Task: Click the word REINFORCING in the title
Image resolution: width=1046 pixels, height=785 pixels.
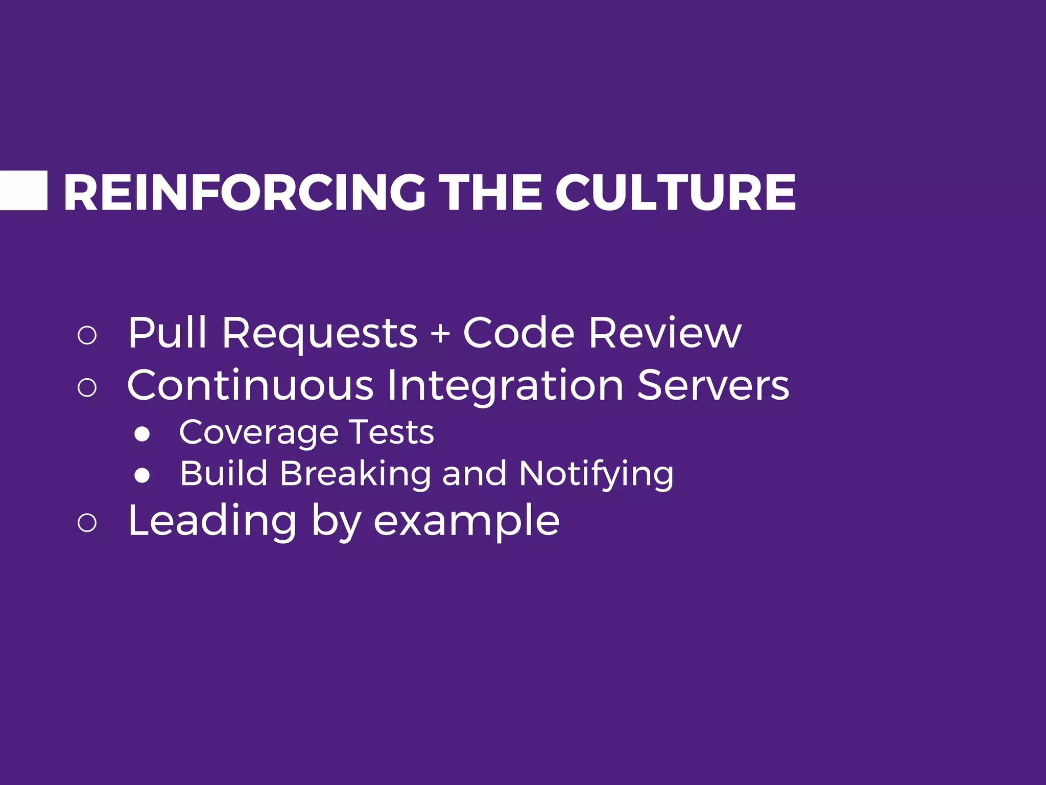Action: (244, 192)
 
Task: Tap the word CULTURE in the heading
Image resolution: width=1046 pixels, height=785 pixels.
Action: (675, 192)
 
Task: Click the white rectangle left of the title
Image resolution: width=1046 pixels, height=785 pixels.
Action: (23, 191)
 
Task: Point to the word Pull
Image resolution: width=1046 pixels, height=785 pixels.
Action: (167, 333)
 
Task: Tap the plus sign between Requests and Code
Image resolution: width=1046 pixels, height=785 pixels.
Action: (440, 334)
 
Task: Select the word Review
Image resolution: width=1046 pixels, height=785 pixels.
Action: (664, 333)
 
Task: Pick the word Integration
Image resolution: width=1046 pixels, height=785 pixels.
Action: (505, 386)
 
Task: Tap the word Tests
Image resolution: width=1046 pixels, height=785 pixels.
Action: (391, 432)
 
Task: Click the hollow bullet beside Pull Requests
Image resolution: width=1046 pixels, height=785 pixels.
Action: (87, 335)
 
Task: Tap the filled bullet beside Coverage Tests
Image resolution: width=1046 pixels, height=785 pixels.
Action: (142, 434)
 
